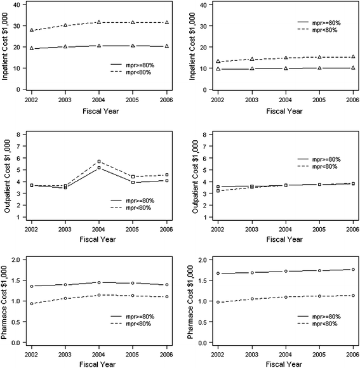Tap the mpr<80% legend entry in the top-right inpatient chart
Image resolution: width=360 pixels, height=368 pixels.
[321, 29]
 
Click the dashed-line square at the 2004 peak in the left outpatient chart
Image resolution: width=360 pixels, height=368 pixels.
[98, 161]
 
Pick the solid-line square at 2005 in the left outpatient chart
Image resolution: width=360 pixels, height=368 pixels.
[133, 182]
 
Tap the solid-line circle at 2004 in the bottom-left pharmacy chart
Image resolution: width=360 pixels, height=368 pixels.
[98, 282]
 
